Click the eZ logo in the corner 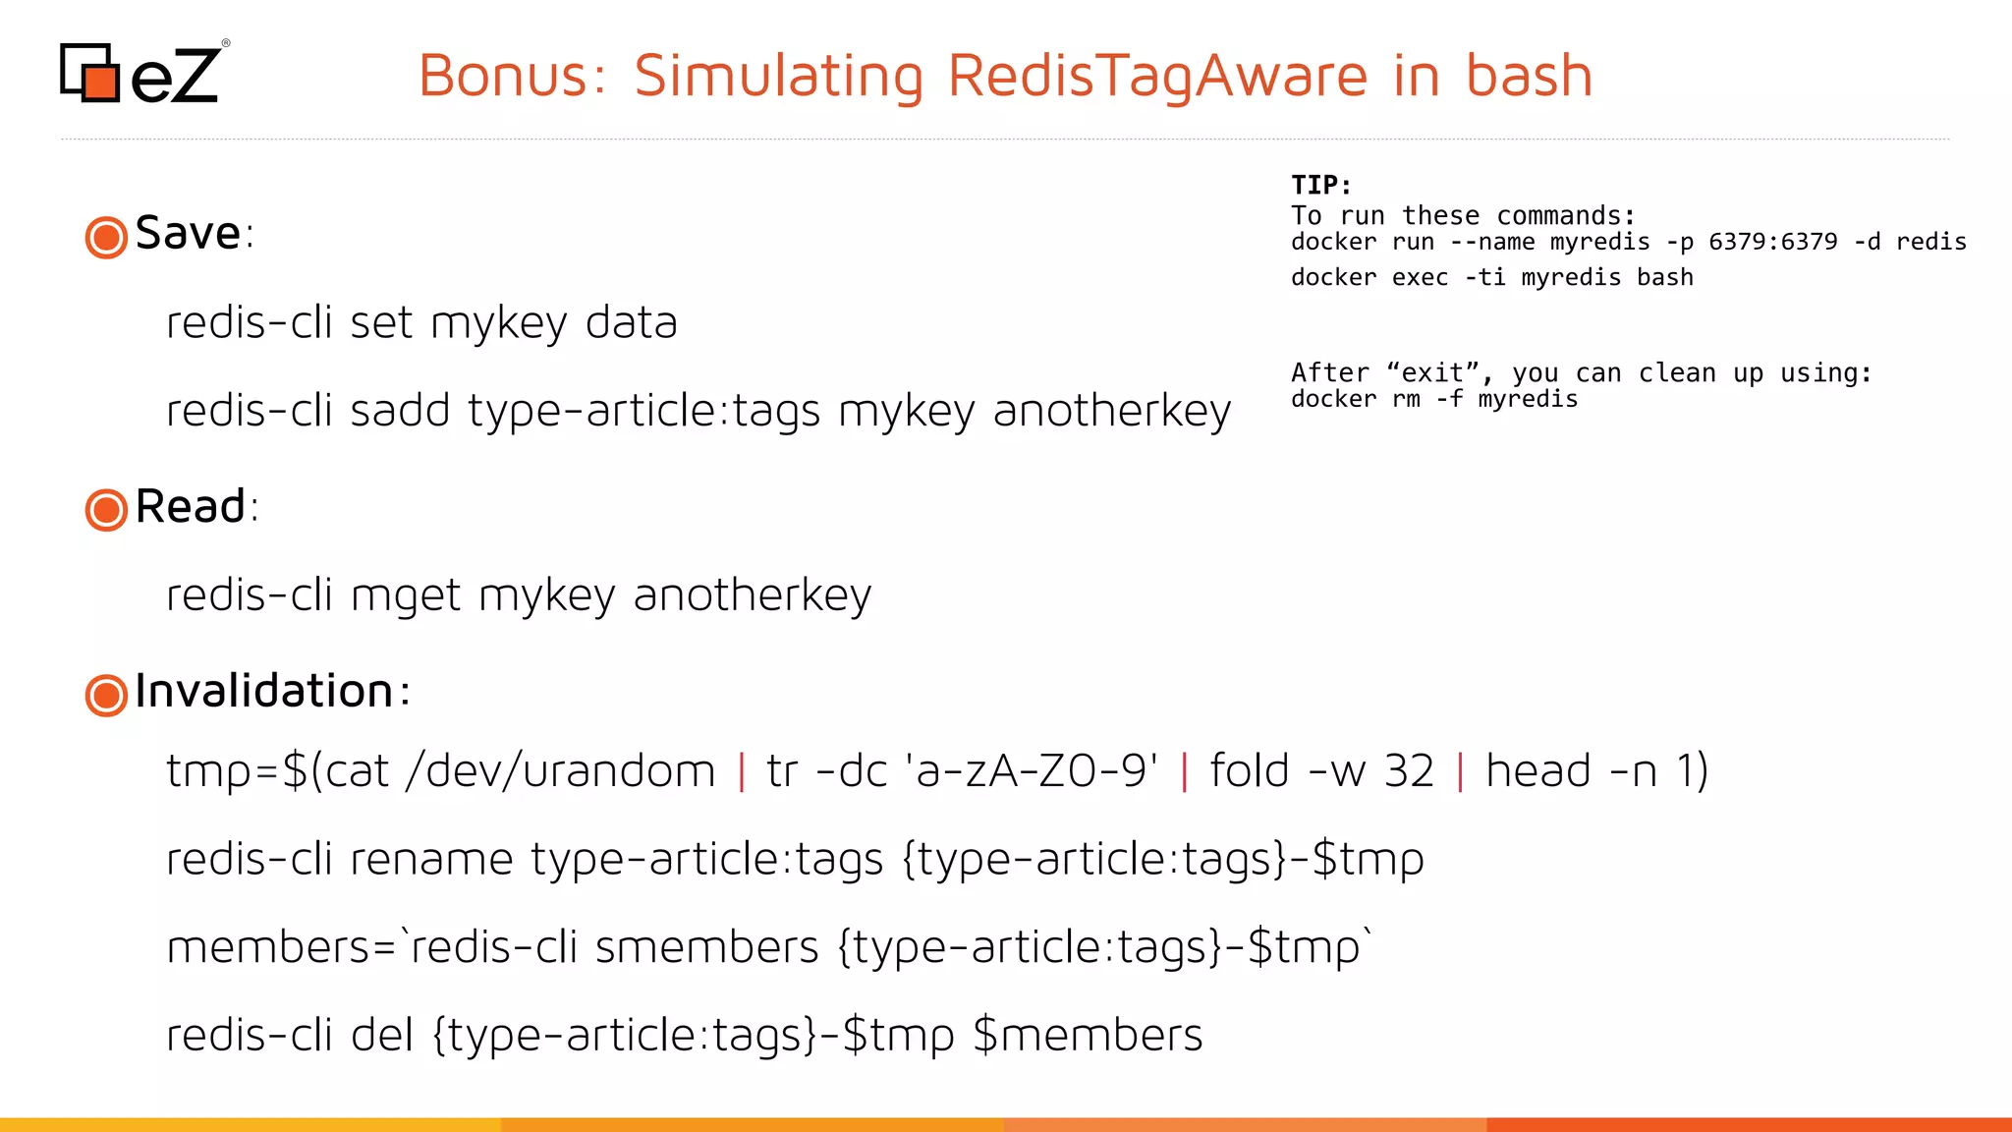click(x=142, y=73)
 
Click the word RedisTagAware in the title click(x=1157, y=76)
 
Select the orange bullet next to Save click(x=106, y=237)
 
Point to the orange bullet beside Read click(x=106, y=510)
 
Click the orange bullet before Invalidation click(x=106, y=695)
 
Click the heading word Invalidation click(x=264, y=691)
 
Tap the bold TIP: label click(x=1320, y=185)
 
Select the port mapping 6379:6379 click(x=1772, y=242)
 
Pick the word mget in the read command click(x=405, y=595)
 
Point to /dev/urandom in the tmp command click(x=560, y=771)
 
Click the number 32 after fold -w click(x=1409, y=771)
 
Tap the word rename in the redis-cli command click(x=431, y=860)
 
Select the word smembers click(x=706, y=948)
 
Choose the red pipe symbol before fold click(x=1184, y=771)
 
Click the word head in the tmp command click(x=1537, y=771)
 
